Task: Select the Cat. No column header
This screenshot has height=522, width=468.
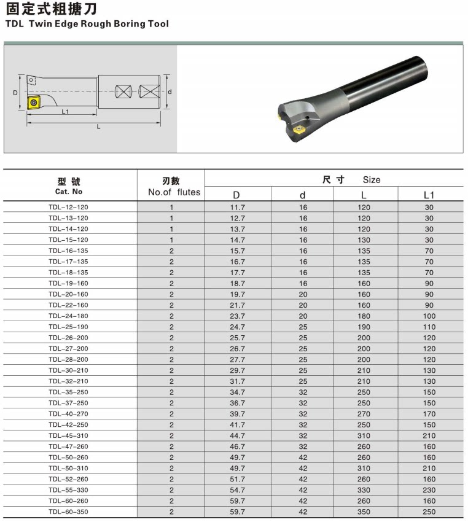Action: pyautogui.click(x=69, y=192)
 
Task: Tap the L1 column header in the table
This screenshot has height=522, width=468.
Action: pyautogui.click(x=429, y=195)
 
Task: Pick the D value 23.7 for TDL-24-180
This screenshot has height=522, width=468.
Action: pyautogui.click(x=237, y=316)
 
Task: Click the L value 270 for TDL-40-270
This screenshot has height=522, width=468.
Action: pyautogui.click(x=364, y=414)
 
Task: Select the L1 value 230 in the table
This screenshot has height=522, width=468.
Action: pyautogui.click(x=429, y=490)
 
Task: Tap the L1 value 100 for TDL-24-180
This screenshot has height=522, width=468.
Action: pyautogui.click(x=429, y=316)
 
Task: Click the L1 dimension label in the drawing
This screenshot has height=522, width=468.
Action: pyautogui.click(x=65, y=112)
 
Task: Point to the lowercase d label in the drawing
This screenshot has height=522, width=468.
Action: pyautogui.click(x=169, y=92)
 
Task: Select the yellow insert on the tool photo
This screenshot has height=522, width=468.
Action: pyautogui.click(x=300, y=130)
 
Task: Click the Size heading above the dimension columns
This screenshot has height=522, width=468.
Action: pyautogui.click(x=371, y=180)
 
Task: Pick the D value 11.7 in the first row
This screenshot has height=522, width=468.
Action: pyautogui.click(x=237, y=208)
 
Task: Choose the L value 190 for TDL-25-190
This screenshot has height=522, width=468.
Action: pyautogui.click(x=364, y=327)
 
